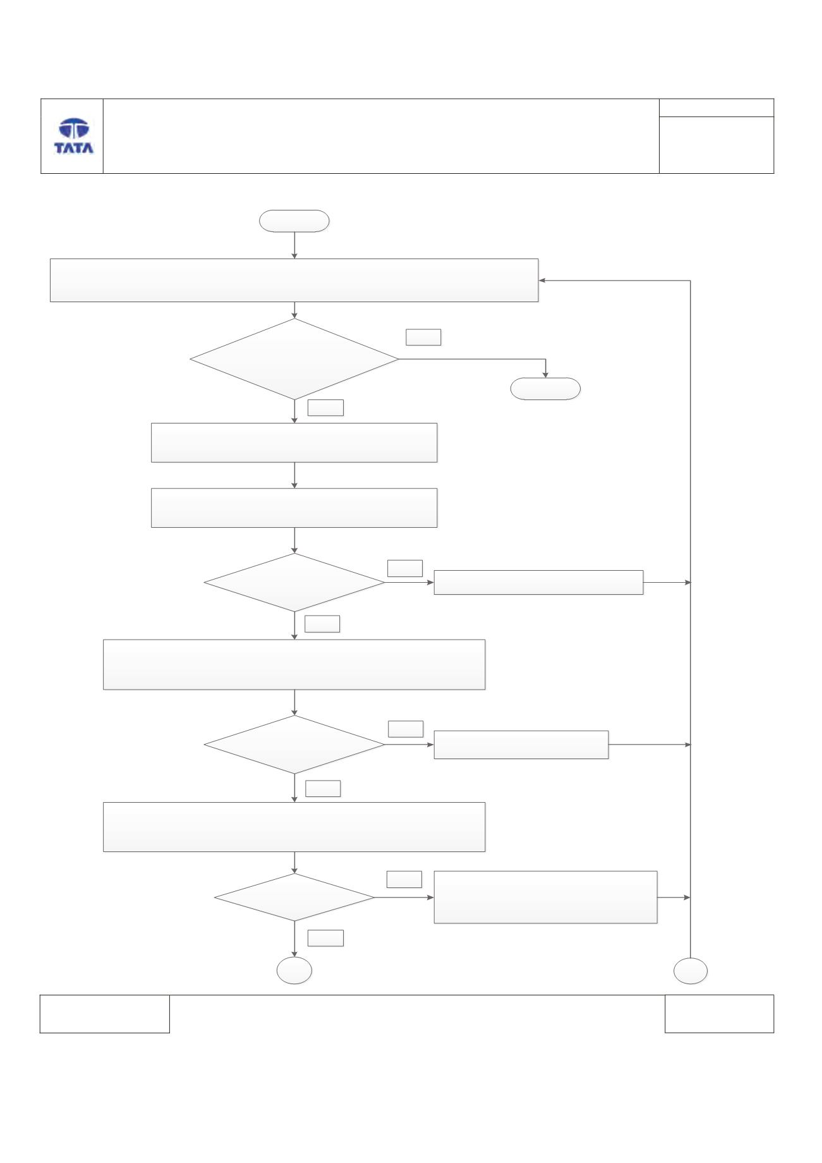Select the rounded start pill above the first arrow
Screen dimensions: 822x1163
point(294,221)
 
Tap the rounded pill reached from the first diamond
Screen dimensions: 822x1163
point(545,389)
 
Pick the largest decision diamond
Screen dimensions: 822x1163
point(294,359)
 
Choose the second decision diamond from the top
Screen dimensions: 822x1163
point(294,583)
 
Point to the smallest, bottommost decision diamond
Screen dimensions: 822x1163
point(294,898)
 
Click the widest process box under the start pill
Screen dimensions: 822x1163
point(294,280)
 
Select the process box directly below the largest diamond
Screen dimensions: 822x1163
point(294,442)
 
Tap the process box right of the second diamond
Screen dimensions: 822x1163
point(538,582)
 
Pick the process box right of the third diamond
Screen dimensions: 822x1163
point(521,745)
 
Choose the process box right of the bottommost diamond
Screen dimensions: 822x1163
point(545,898)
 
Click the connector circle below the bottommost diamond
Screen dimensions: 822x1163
point(294,971)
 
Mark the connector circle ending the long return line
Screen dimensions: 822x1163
point(690,971)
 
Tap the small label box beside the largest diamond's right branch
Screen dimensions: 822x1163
point(423,337)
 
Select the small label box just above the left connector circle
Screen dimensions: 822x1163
point(325,938)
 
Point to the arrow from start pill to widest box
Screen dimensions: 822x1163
point(294,245)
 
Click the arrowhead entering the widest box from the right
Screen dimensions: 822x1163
point(542,281)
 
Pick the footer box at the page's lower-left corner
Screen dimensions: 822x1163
point(105,1014)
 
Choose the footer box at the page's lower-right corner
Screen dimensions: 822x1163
point(719,1014)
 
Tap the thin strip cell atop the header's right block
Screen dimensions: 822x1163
point(716,107)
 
